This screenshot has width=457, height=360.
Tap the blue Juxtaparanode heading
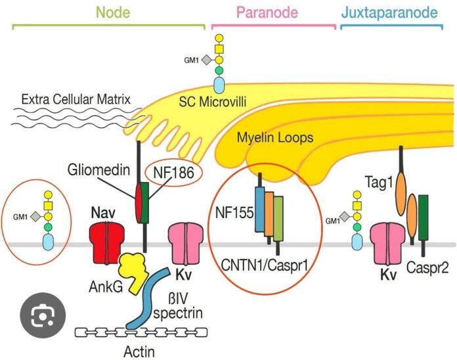(x=390, y=12)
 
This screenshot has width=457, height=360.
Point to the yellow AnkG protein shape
(x=134, y=269)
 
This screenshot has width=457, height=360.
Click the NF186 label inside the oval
(x=174, y=173)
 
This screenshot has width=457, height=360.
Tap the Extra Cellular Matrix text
(x=76, y=100)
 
